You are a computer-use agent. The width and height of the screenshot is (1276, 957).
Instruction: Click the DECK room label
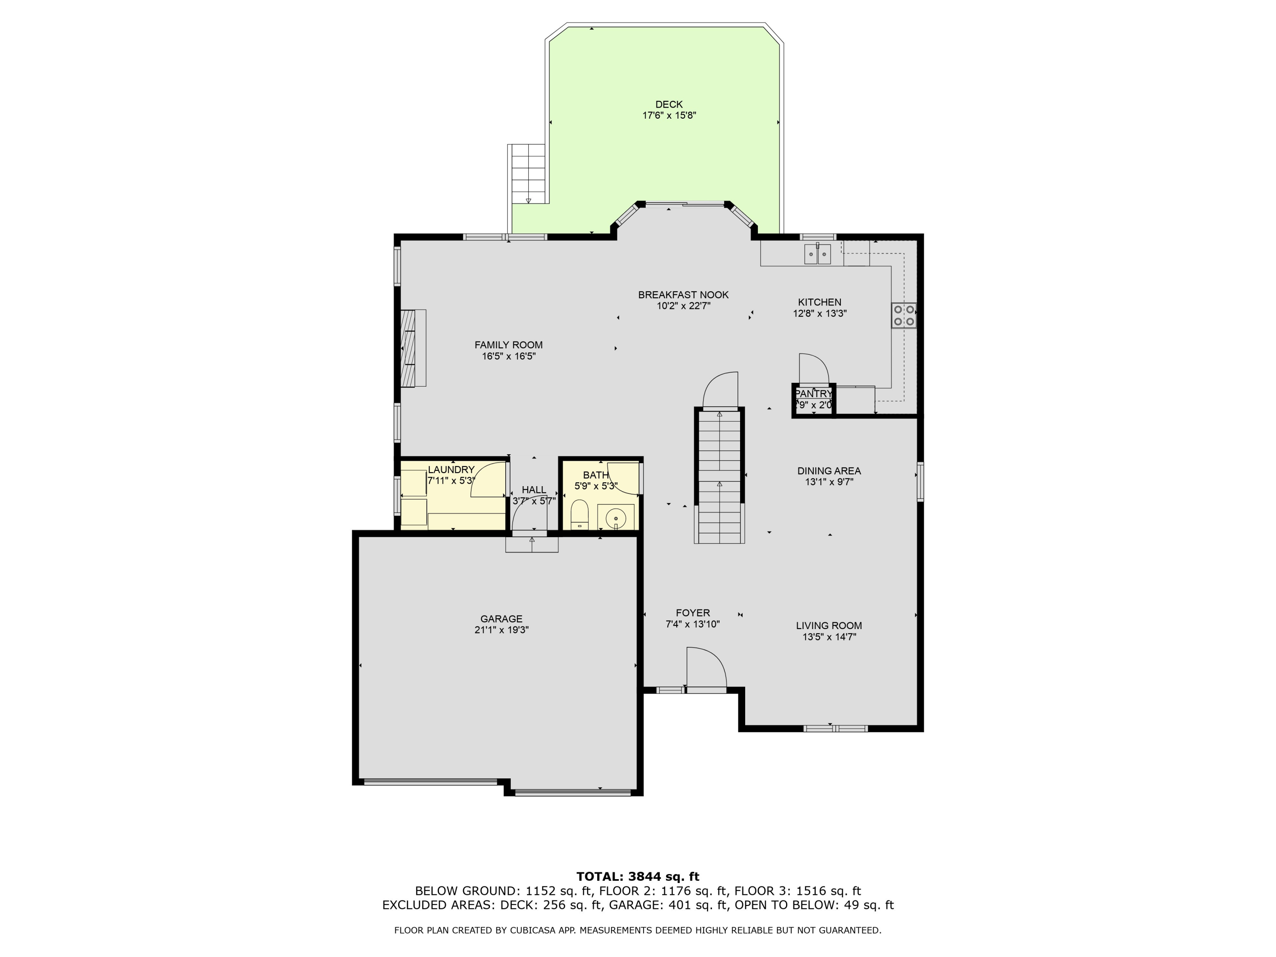(669, 104)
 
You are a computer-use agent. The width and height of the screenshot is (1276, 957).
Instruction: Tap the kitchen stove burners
(903, 316)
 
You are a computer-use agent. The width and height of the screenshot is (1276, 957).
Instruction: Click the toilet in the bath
(579, 515)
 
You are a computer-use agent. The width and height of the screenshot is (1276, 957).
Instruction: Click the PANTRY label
(813, 394)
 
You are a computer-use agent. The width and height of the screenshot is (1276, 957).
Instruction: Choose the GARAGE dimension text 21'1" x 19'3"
(501, 630)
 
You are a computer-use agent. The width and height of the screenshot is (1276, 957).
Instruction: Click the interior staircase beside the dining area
(719, 476)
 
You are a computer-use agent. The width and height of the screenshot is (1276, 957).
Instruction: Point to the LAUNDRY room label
(451, 470)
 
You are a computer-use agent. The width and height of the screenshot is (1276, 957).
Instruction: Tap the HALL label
(534, 490)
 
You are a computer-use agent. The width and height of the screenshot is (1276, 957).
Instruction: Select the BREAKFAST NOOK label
(683, 295)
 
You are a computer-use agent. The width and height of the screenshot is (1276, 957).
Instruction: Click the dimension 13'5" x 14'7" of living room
(829, 637)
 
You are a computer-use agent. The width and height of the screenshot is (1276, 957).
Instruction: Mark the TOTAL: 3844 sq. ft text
(638, 877)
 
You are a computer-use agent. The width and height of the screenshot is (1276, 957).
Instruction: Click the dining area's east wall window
(920, 481)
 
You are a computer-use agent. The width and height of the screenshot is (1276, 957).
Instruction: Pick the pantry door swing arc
(815, 367)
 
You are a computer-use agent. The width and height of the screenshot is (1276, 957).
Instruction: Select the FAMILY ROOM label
(508, 345)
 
